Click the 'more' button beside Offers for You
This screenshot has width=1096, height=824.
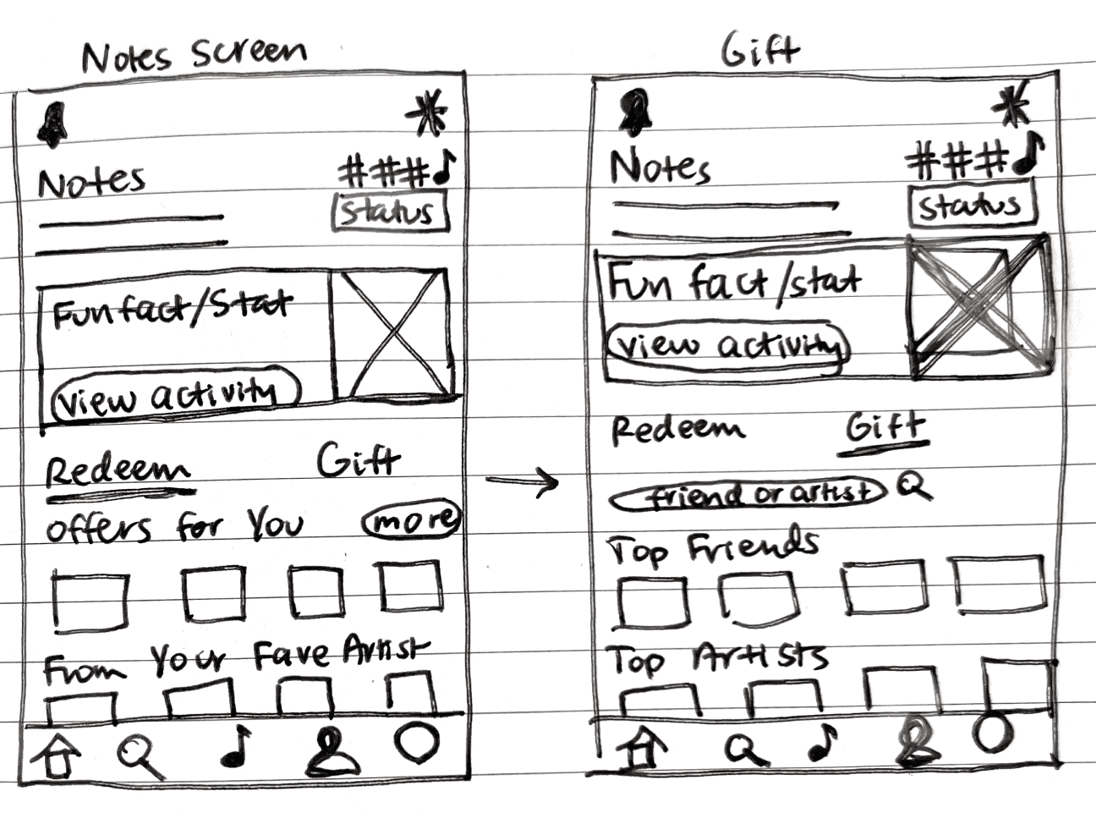412,519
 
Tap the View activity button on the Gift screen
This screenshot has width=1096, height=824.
727,344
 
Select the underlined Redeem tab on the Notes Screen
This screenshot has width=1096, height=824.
118,470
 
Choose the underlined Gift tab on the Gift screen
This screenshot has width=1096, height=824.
885,427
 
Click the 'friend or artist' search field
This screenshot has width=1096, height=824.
748,494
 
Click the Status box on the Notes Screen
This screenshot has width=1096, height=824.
388,211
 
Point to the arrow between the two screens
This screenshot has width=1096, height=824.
523,482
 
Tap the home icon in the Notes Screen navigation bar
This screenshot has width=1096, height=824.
58,755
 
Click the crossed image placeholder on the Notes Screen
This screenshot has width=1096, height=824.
391,335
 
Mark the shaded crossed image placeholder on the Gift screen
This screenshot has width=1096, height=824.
979,307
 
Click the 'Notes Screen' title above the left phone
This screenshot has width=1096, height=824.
194,54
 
